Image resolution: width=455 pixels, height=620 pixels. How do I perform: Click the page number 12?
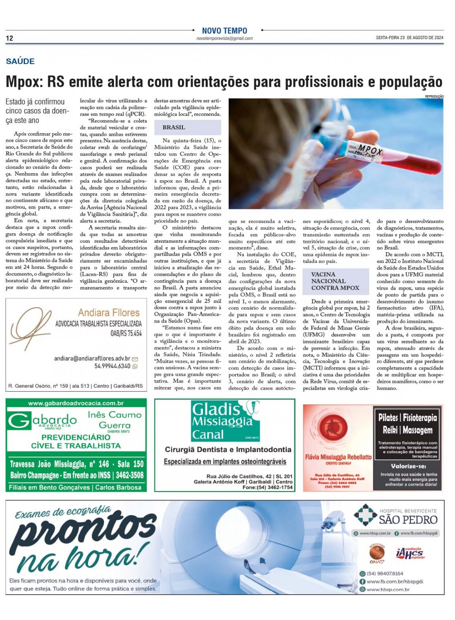coord(9,38)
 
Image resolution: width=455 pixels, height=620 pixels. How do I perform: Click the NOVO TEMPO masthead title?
coord(224,31)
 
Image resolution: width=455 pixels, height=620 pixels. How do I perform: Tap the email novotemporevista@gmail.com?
coord(224,38)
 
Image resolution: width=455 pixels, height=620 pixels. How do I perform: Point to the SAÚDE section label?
coord(20,61)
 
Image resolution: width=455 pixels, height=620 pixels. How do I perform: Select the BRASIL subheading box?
coord(187,127)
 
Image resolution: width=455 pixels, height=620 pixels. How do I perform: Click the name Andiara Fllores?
coord(109,312)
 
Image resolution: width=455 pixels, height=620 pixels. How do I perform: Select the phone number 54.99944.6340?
coord(112,366)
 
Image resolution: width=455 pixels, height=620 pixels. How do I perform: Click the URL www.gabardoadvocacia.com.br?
coord(76,403)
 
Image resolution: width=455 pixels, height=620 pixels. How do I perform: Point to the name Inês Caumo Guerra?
coord(114,420)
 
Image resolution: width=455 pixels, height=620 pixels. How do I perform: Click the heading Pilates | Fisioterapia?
coord(407,418)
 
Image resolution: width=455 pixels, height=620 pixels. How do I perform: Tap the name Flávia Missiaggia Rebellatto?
coord(338,457)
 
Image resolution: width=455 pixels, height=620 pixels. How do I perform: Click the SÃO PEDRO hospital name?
coord(408,519)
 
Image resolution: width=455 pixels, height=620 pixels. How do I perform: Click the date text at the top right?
coord(409,38)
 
